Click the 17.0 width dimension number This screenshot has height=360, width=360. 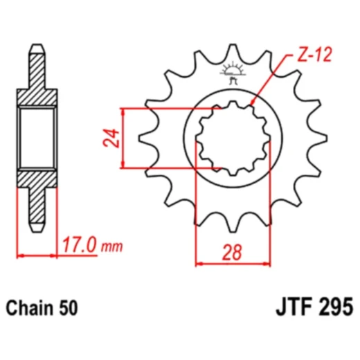(78, 245)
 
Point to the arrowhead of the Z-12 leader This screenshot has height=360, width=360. (251, 105)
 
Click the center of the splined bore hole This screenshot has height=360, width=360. (233, 138)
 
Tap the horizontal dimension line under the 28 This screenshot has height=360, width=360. (233, 263)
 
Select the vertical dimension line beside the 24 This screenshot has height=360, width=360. (123, 138)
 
